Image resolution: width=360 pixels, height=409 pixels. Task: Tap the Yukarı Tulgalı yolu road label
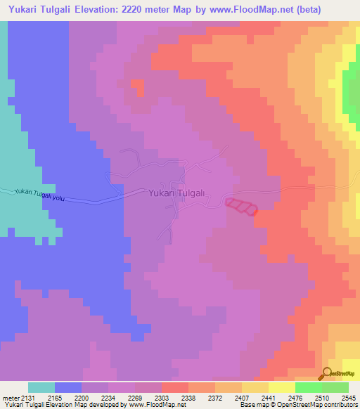coord(39,194)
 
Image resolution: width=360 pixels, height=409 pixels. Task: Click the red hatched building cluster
coord(241,206)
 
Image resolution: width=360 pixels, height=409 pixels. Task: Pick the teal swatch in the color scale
coord(41,387)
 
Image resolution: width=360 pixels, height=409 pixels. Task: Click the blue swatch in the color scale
coord(68,387)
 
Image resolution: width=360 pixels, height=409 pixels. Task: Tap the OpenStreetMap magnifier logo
coord(328,373)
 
